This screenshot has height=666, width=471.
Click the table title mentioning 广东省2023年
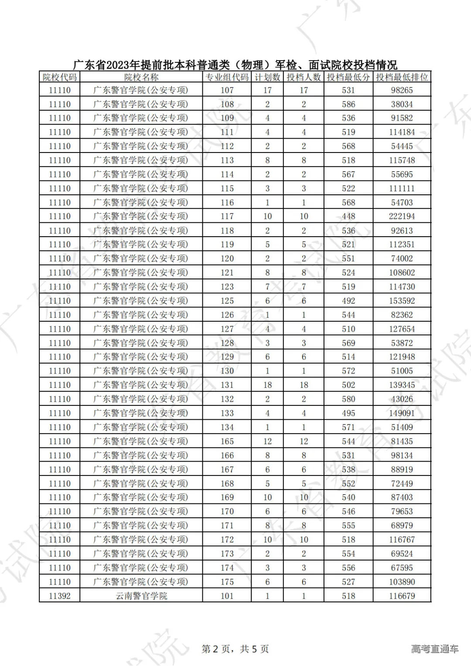pyautogui.click(x=235, y=65)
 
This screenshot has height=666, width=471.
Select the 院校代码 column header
pyautogui.click(x=60, y=78)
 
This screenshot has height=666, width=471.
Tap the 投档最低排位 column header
pyautogui.click(x=402, y=78)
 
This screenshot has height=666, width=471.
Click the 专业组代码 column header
pyautogui.click(x=227, y=78)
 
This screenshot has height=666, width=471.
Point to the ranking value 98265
pyautogui.click(x=402, y=90)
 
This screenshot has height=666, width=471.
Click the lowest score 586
pyautogui.click(x=348, y=104)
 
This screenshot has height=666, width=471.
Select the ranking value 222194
pyautogui.click(x=402, y=216)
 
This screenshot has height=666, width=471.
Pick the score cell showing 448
pyautogui.click(x=348, y=216)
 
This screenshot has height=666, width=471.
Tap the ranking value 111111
pyautogui.click(x=402, y=188)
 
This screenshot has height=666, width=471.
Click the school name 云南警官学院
pyautogui.click(x=141, y=596)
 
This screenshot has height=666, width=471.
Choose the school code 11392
pyautogui.click(x=60, y=596)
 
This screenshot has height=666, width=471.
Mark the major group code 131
pyautogui.click(x=227, y=385)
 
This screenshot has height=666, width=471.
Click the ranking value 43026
pyautogui.click(x=402, y=399)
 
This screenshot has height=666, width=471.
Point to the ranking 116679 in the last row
pyautogui.click(x=402, y=596)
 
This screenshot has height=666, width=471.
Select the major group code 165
pyautogui.click(x=227, y=441)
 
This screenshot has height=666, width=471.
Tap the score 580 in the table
pyautogui.click(x=348, y=399)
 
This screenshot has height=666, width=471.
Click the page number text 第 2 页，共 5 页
pyautogui.click(x=235, y=649)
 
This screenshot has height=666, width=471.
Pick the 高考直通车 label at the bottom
pyautogui.click(x=434, y=649)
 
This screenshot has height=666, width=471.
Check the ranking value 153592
pyautogui.click(x=402, y=301)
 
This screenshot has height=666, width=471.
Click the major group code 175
pyautogui.click(x=227, y=582)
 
